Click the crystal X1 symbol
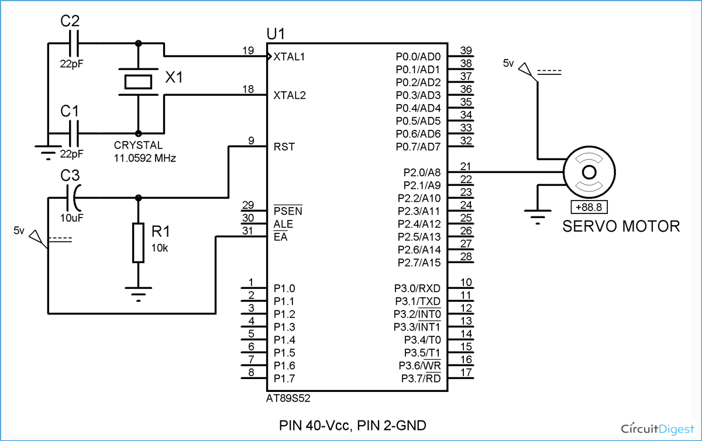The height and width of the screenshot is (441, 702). (138, 82)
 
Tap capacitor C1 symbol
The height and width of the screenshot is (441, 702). (75, 133)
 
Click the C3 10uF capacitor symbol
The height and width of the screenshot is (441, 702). (75, 198)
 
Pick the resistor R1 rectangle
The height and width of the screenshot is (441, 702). (138, 242)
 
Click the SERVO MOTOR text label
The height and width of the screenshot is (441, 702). (621, 226)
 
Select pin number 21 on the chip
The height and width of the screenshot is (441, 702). (466, 166)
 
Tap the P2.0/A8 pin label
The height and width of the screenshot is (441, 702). (418, 173)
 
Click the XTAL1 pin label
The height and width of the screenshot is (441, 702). (290, 57)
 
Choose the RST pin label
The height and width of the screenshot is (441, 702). (284, 147)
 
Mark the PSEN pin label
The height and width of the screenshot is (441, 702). (288, 211)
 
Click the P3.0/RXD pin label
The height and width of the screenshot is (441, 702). (418, 288)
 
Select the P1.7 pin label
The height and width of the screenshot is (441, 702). (284, 378)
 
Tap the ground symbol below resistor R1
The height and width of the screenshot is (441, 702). (138, 292)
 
